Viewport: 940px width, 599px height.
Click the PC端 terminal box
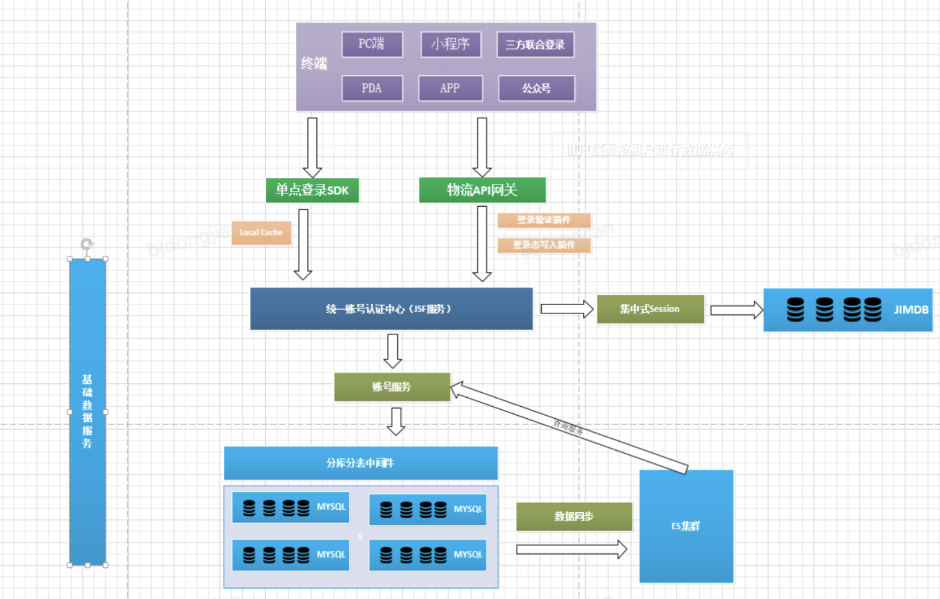pos(372,44)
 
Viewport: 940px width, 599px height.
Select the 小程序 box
pos(451,44)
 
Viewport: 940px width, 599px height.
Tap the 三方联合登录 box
pos(535,45)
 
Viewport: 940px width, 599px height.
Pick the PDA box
pos(372,89)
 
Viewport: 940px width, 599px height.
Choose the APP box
pos(450,89)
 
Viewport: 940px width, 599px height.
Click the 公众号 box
pos(536,89)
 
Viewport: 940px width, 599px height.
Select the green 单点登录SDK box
pos(312,190)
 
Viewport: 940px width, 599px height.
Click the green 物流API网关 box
pos(482,190)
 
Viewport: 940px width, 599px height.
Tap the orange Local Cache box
pos(261,233)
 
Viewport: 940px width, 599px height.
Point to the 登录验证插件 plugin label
pos(544,220)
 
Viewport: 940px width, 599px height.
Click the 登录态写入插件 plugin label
pos(544,245)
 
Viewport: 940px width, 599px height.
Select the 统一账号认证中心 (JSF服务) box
pos(391,309)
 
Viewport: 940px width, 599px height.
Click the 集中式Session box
pos(650,309)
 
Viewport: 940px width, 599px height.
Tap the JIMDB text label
pos(910,310)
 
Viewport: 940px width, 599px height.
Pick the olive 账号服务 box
pos(392,387)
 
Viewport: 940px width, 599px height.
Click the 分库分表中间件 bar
pos(360,463)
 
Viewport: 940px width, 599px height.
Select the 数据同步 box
pos(574,516)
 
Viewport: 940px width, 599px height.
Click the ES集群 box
pos(686,526)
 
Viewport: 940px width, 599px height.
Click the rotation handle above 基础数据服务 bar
pos(87,244)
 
